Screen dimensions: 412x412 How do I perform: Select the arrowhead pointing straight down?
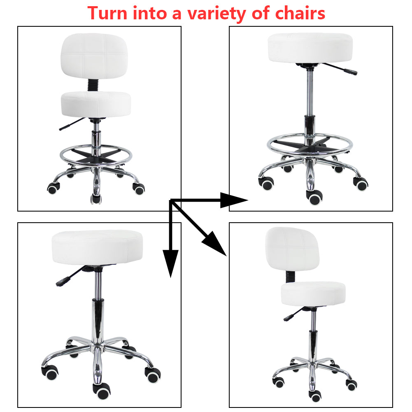[170, 263]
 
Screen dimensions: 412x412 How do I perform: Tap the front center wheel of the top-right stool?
[315, 199]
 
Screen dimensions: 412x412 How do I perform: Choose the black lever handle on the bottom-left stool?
[62, 282]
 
